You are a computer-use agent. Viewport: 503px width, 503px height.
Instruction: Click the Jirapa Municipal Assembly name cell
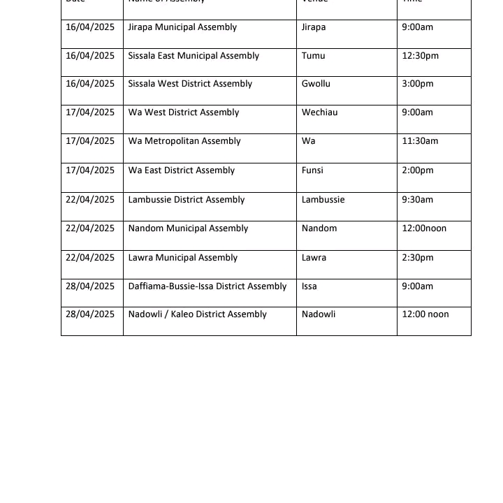pos(182,27)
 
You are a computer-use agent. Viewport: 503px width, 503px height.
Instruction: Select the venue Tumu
pos(313,56)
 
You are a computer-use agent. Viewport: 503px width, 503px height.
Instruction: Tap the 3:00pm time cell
pos(417,84)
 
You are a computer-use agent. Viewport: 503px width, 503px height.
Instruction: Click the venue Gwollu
pos(316,84)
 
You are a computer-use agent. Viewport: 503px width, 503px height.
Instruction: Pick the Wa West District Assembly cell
pos(183,112)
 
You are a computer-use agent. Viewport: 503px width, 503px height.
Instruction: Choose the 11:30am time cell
pos(420,141)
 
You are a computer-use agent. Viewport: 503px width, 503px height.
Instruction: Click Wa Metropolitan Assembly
pos(184,141)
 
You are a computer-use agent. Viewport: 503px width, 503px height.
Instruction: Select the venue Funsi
pos(312,170)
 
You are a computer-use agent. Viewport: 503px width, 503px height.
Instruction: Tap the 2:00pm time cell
pos(417,170)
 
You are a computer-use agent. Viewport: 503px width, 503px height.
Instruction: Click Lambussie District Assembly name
pos(187,200)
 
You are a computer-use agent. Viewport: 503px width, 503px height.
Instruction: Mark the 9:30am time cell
pos(417,200)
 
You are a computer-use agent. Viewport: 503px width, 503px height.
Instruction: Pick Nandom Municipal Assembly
pos(188,228)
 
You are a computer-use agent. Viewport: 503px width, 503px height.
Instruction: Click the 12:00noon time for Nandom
pos(423,228)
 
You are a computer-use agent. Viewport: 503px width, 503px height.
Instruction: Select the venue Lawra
pos(314,258)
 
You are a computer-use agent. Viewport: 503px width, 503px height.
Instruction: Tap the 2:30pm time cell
pos(417,258)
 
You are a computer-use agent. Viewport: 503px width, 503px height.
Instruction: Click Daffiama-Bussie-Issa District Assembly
pos(207,286)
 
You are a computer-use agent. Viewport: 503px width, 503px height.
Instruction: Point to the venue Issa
pos(309,286)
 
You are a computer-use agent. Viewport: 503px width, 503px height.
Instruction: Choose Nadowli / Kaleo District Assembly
pos(197,314)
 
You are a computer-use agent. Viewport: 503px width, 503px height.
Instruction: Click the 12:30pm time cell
pos(420,56)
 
